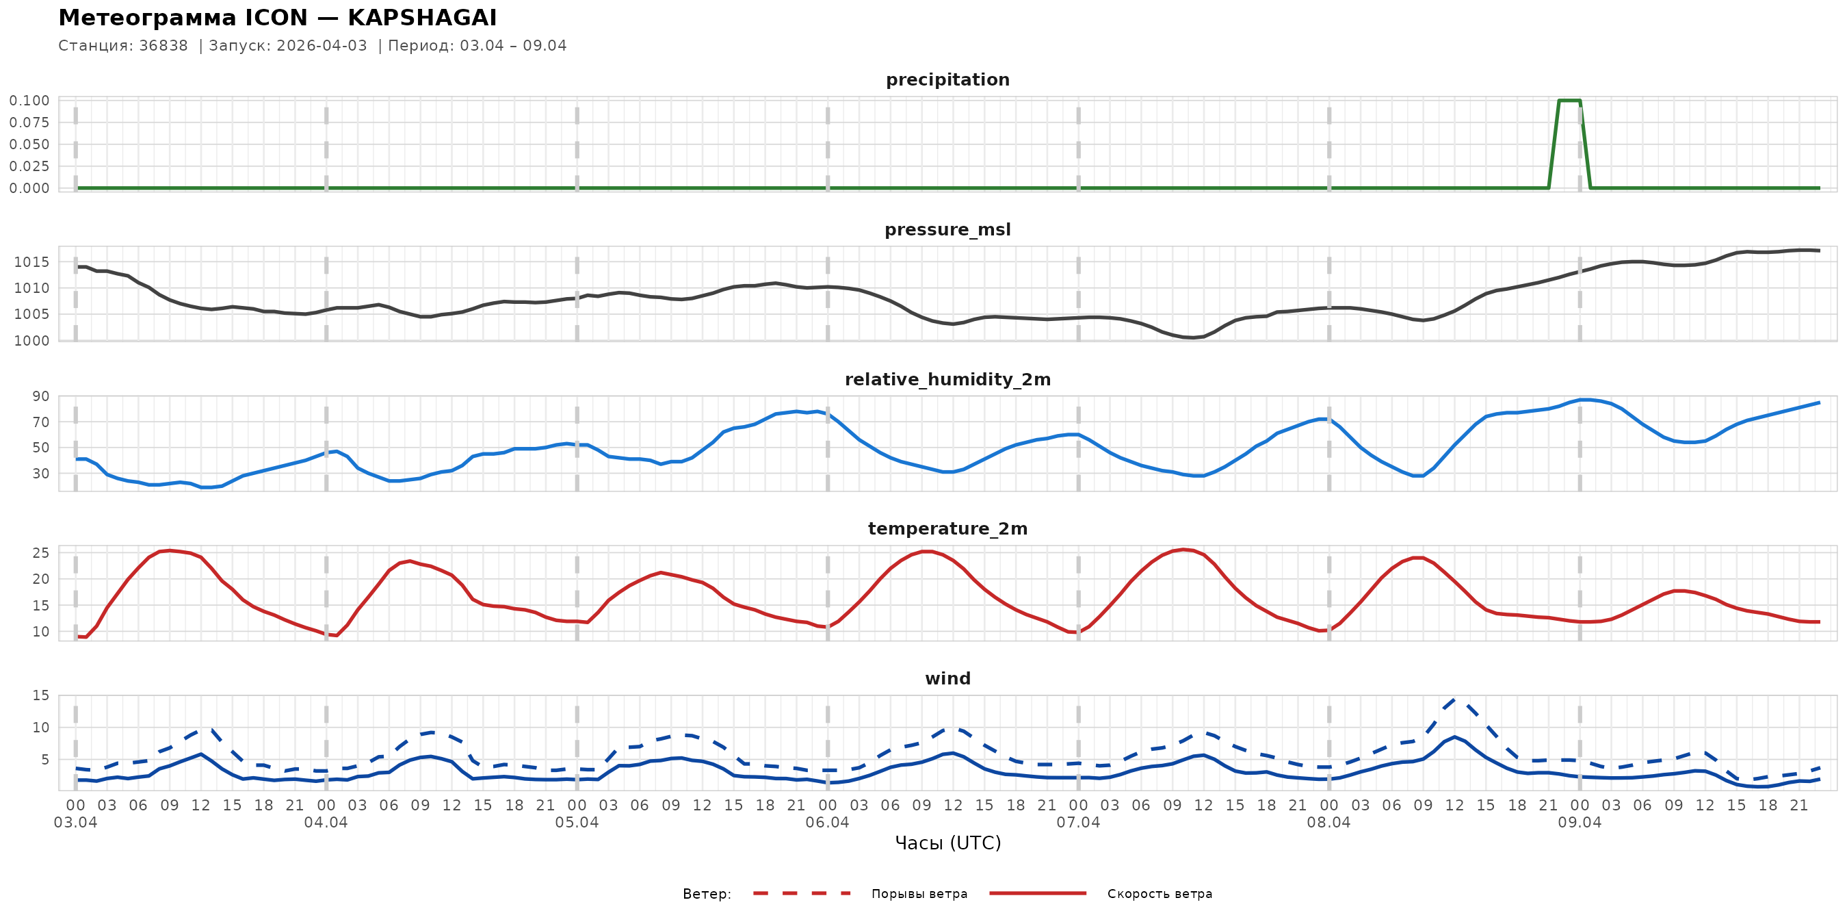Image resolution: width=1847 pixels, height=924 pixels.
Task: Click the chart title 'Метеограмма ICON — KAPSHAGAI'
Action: (x=278, y=18)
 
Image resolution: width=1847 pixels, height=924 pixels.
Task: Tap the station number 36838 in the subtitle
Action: (x=163, y=46)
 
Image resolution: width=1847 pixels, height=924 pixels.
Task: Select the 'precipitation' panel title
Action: (x=947, y=79)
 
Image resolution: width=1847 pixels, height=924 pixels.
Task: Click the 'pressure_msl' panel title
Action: (x=947, y=229)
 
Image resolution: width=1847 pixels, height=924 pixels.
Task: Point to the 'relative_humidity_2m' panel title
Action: (x=947, y=379)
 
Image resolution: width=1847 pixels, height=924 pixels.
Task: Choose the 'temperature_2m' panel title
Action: (x=947, y=528)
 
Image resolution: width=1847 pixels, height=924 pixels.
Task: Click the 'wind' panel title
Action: (x=947, y=679)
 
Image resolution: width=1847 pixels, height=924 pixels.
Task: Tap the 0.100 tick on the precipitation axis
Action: (x=29, y=101)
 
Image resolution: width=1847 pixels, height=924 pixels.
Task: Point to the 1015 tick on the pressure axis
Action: (x=31, y=262)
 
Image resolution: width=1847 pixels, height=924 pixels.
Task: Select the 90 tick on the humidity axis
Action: (x=41, y=396)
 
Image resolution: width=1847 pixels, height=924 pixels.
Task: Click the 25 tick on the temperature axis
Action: (x=41, y=552)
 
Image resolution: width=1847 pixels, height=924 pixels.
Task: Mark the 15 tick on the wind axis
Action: (x=41, y=695)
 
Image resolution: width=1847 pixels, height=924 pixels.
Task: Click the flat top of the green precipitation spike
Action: (x=1569, y=101)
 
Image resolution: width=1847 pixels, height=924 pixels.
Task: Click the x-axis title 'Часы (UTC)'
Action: (x=947, y=843)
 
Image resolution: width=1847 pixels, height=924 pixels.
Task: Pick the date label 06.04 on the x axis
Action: (x=827, y=822)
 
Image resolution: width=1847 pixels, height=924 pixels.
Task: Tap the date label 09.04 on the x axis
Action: (x=1579, y=822)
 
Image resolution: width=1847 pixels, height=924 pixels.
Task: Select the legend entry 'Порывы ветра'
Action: (x=919, y=894)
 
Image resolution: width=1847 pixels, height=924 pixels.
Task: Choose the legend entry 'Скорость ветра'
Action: (x=1160, y=894)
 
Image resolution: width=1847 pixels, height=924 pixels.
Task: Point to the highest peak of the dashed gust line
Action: (x=1454, y=700)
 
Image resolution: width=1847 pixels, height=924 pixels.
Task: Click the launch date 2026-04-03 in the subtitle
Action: (x=322, y=46)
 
